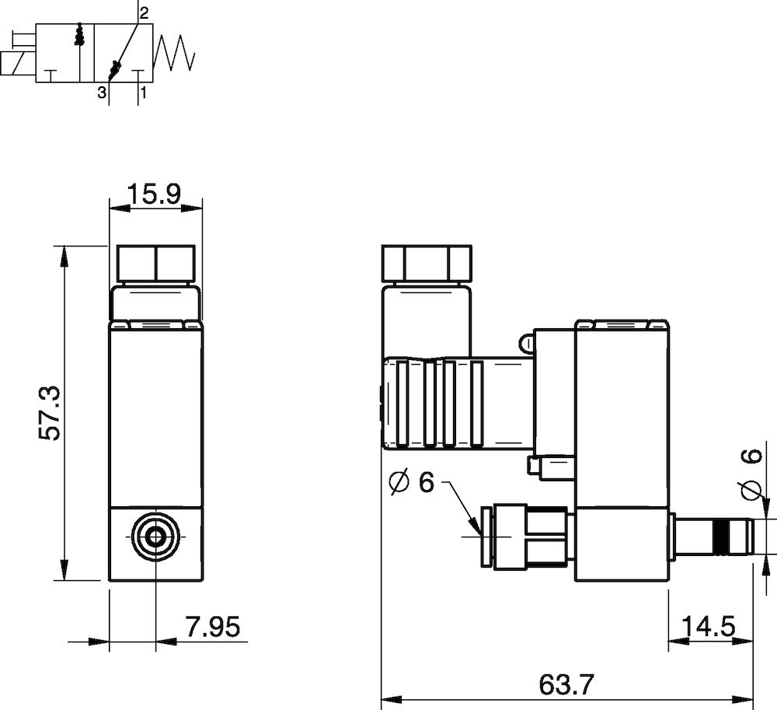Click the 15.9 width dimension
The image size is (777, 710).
[155, 194]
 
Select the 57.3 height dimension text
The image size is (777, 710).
[51, 413]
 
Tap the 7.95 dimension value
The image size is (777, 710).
[213, 627]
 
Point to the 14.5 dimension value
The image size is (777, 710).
[709, 627]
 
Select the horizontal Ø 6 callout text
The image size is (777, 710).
[411, 483]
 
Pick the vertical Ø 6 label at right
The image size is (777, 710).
[751, 474]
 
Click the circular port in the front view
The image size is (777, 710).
[155, 536]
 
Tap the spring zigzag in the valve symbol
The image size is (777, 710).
[176, 53]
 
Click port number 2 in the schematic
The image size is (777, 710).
[144, 12]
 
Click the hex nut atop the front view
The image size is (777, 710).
[155, 264]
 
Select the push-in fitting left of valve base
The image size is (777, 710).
[524, 537]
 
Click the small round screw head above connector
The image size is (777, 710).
[525, 343]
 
